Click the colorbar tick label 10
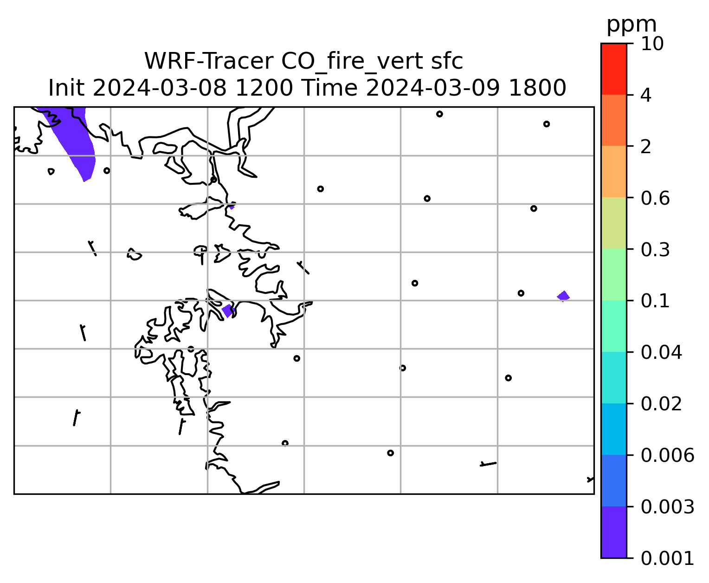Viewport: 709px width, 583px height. tap(652, 44)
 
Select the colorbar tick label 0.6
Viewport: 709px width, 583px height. tap(655, 198)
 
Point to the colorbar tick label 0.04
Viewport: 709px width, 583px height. tap(661, 352)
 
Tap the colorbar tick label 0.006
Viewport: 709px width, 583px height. tap(667, 455)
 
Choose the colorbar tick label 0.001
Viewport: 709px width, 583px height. tap(667, 558)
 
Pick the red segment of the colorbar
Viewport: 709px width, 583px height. tap(613, 69)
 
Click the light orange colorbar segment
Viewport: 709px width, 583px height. tap(613, 171)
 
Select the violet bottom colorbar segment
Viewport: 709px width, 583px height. tap(613, 532)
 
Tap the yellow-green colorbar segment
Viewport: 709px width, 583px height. tap(613, 223)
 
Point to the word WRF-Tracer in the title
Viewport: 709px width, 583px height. tap(208, 61)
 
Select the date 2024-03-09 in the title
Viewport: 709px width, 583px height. tap(433, 88)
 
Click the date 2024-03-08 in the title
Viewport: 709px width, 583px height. tap(160, 88)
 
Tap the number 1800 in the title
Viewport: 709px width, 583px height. tap(537, 88)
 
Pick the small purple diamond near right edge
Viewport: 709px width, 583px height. tap(563, 296)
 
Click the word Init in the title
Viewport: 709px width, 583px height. tap(66, 88)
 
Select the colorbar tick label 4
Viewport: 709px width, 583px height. tap(646, 95)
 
